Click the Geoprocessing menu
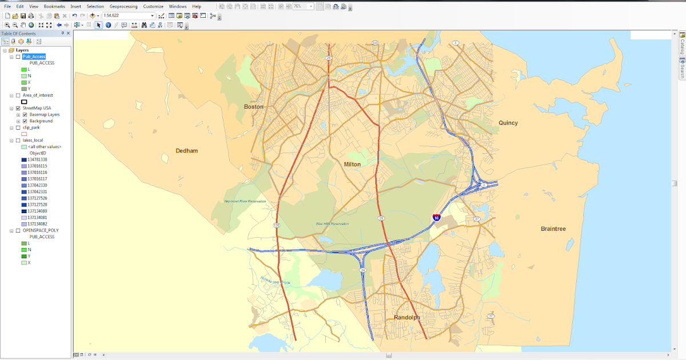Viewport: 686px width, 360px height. (123, 6)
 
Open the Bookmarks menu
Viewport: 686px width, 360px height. (54, 6)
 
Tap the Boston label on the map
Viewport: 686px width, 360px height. (254, 107)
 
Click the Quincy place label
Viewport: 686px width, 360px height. (508, 123)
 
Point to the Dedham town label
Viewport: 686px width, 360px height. (187, 151)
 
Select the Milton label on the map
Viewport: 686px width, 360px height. (352, 165)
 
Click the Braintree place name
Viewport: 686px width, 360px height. (553, 229)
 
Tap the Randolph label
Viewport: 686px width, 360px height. (406, 318)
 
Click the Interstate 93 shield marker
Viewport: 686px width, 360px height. (436, 218)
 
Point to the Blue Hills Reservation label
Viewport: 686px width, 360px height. (332, 223)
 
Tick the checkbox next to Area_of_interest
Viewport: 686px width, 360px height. (18, 95)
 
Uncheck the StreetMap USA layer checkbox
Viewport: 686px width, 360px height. (18, 108)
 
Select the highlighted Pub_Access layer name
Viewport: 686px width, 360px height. (34, 57)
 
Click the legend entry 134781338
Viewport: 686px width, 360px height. (38, 159)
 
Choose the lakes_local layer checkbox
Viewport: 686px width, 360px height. (18, 140)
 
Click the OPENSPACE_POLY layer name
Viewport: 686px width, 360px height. (40, 230)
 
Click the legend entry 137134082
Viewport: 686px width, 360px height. (38, 224)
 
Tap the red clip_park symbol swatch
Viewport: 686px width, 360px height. (24, 134)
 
